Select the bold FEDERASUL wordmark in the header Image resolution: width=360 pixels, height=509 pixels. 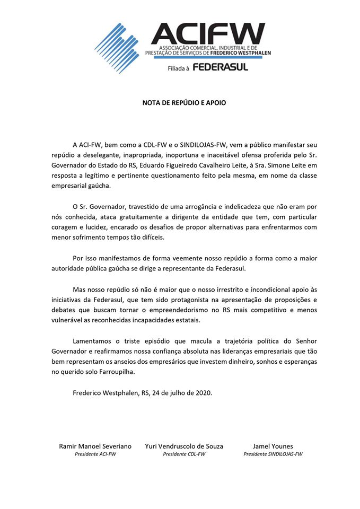point(220,67)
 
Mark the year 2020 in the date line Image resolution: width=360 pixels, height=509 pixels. point(203,392)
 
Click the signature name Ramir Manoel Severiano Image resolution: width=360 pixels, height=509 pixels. point(95,446)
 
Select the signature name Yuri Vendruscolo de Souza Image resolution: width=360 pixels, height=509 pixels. point(184,446)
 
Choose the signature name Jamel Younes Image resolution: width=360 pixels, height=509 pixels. point(274,446)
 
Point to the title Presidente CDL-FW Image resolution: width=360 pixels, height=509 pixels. point(184,454)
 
